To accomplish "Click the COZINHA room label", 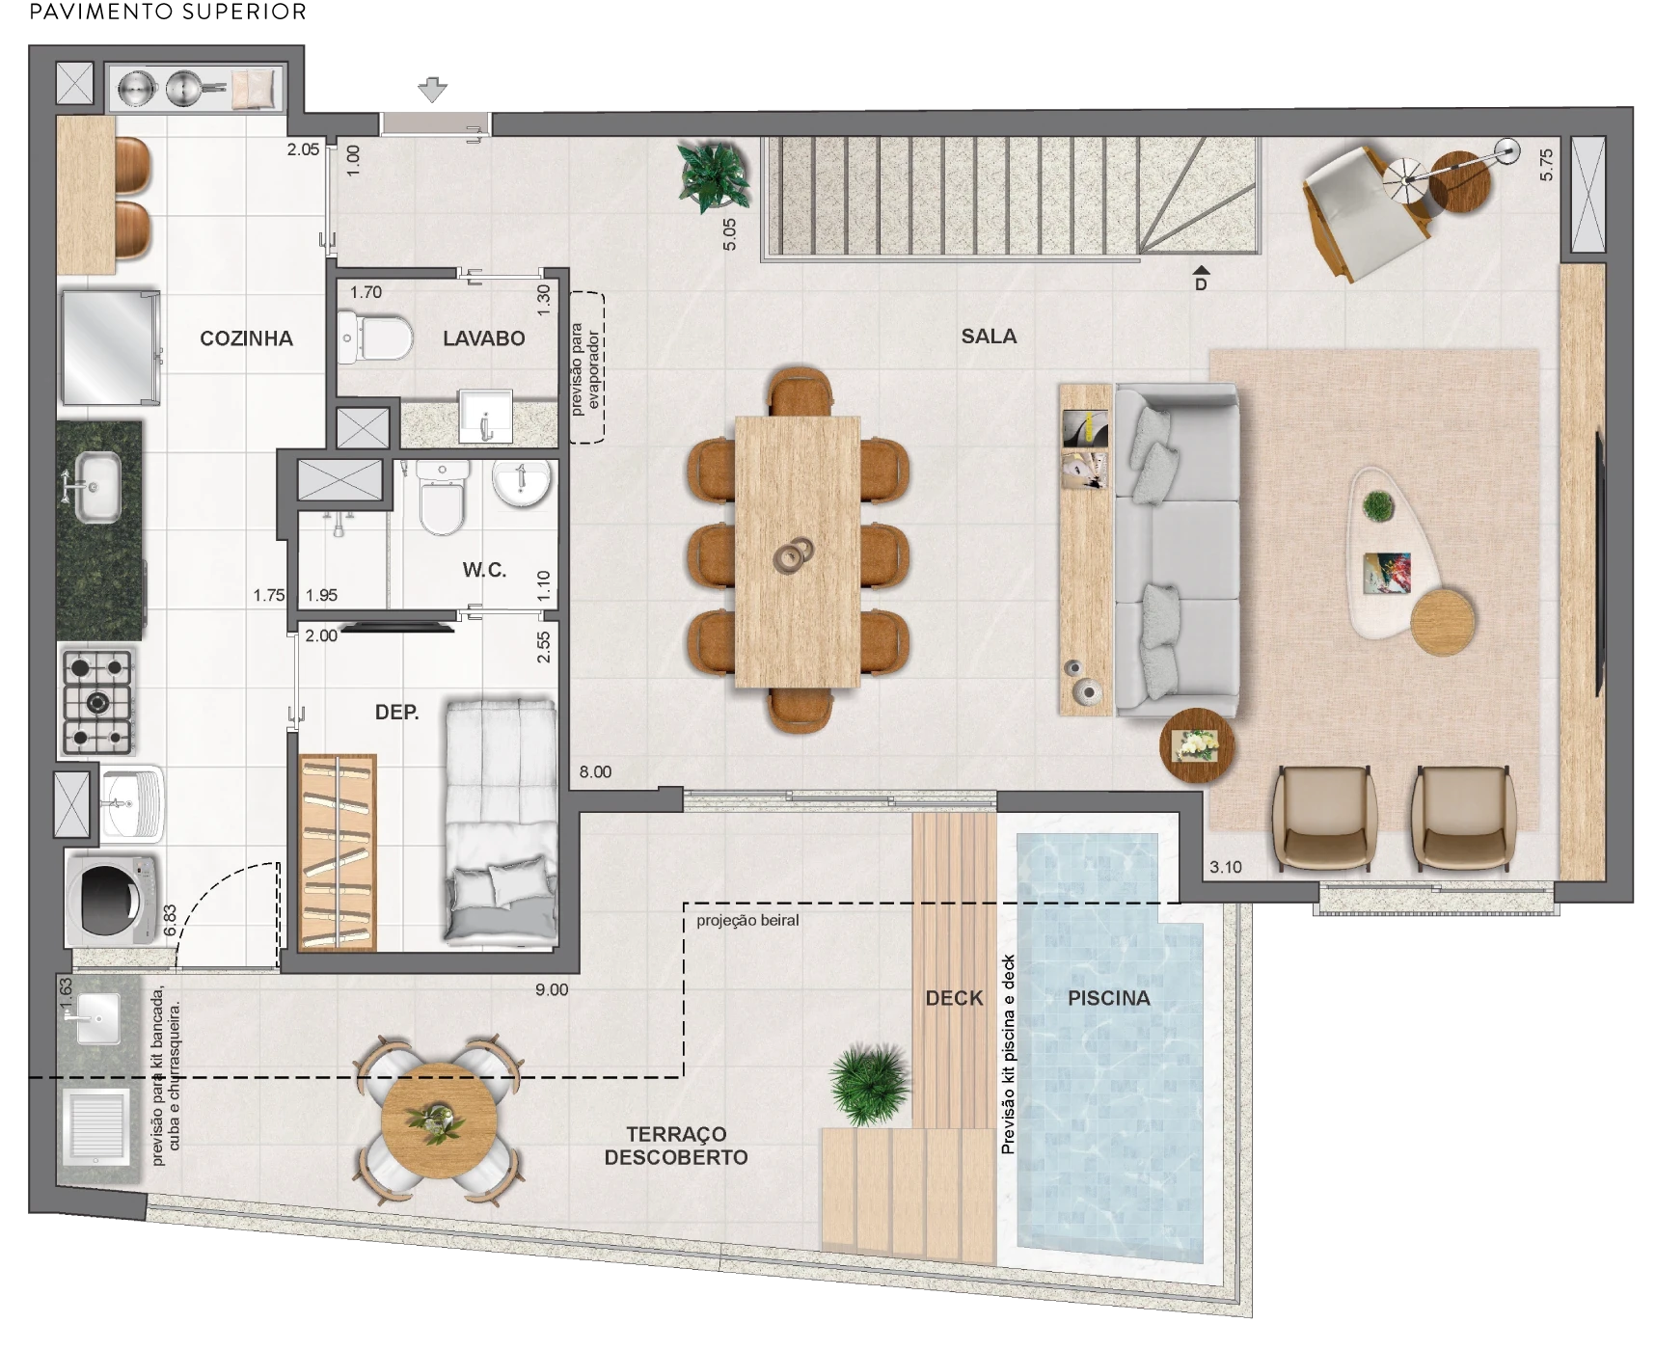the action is pos(246,338).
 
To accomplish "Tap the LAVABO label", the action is pos(484,338).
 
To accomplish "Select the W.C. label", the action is pos(484,570).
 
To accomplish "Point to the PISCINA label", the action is pos(1109,998).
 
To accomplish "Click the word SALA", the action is pos(989,337).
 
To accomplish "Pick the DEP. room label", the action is pos(396,713).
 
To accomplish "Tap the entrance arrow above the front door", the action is pos(432,90).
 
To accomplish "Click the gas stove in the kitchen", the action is pos(97,702).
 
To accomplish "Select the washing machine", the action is pos(113,900).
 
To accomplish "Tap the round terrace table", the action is pos(439,1120).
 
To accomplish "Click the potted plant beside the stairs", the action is pos(715,175).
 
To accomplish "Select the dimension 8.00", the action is pos(595,772).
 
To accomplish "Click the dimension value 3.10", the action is pos(1226,867).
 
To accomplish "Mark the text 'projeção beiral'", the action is pos(747,921).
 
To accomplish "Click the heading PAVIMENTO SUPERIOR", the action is pos(169,13).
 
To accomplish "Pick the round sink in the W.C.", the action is pos(522,483).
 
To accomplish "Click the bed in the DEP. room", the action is pos(501,821).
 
